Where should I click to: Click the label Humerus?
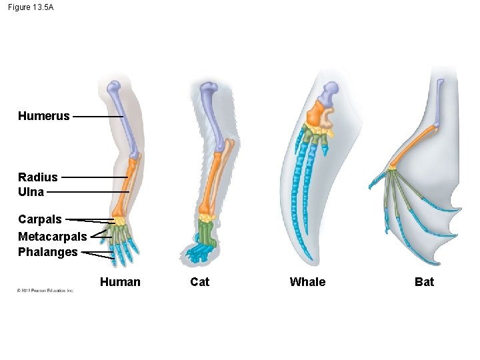pos(43,116)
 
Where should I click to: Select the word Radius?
pos(37,177)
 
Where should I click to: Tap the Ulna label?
pos(31,192)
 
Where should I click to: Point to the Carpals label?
pos(39,219)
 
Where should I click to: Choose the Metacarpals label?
pos(52,237)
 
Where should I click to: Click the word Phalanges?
pos(47,252)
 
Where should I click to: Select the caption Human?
pos(120,282)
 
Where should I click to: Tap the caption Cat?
pos(199,282)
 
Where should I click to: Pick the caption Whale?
pos(307,282)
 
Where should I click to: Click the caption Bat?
pos(424,282)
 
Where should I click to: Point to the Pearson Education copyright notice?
pos(45,291)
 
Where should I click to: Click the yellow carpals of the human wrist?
pos(119,221)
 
